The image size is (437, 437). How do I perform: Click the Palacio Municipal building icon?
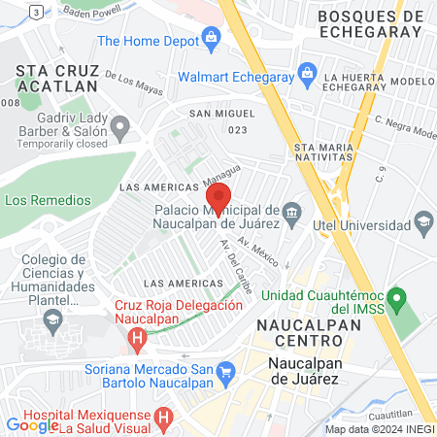point(291,212)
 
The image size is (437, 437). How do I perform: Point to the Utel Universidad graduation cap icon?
point(423,225)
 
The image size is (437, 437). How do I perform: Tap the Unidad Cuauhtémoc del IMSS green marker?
point(395,295)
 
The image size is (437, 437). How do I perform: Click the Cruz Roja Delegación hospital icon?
point(137,339)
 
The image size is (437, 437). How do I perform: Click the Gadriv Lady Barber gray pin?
point(119,127)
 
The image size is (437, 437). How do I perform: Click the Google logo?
point(32,424)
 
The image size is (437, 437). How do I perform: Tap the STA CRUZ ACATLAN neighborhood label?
point(57,78)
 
